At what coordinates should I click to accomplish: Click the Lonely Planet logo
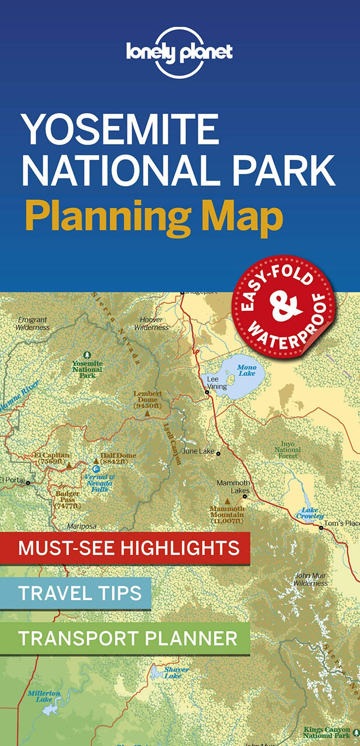[x=179, y=52]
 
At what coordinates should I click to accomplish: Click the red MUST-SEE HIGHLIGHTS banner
[x=125, y=547]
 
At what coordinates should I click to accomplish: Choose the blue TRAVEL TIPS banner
[x=75, y=592]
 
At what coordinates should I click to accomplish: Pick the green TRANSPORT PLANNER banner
[x=125, y=638]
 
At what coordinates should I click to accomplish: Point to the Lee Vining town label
[x=217, y=383]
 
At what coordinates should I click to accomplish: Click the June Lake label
[x=199, y=451]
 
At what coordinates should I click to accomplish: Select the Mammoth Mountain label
[x=227, y=514]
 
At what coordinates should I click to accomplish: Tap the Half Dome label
[x=118, y=459]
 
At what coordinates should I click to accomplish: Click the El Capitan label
[x=52, y=458]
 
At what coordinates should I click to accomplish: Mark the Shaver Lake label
[x=176, y=672]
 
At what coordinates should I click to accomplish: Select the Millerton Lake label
[x=44, y=696]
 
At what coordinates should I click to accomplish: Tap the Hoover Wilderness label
[x=152, y=323]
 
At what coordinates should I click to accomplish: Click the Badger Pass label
[x=67, y=500]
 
